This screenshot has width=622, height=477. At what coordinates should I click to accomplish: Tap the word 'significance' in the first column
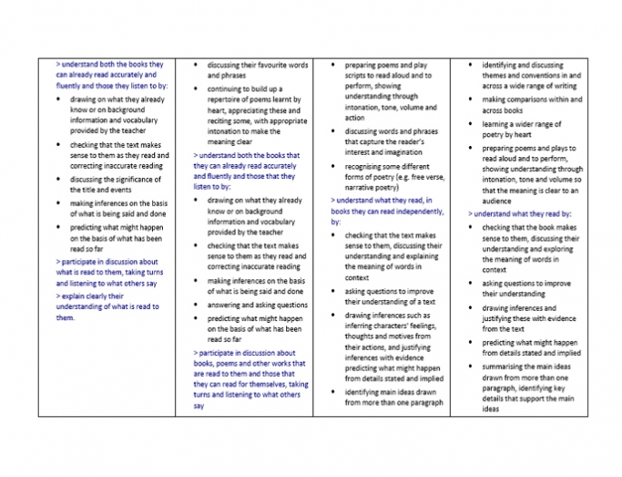point(136,179)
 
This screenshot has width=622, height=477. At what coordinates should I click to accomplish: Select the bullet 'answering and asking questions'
point(258,305)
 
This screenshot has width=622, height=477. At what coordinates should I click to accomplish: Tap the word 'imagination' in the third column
point(396,151)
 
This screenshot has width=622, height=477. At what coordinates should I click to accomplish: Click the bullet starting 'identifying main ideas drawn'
point(393,397)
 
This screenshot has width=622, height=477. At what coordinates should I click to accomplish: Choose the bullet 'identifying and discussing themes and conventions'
point(532,77)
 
